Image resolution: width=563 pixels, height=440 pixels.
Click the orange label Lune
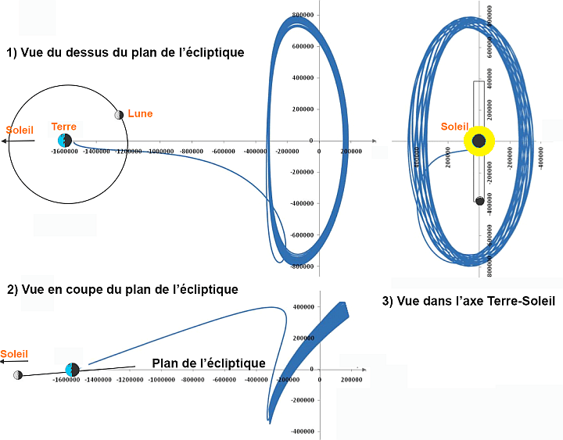140,113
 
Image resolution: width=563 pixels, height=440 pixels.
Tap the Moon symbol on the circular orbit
119,115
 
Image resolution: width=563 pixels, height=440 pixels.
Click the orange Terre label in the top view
63,127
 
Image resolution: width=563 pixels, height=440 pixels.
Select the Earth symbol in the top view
65,140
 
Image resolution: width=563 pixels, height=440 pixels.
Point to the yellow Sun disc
479,141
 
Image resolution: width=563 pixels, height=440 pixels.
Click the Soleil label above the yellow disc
454,126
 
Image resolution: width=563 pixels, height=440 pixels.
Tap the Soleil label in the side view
14,354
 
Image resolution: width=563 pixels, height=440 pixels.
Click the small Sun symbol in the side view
17,375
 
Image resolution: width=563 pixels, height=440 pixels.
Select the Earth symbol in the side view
73,369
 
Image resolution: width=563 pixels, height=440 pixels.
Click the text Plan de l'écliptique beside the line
208,363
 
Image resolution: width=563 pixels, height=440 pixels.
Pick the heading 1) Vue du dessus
125,53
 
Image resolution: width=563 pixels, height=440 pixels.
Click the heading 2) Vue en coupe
122,289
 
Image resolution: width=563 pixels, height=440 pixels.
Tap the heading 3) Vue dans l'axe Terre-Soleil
469,301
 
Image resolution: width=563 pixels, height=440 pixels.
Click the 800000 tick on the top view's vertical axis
302,16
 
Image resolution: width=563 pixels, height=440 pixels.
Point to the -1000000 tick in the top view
161,151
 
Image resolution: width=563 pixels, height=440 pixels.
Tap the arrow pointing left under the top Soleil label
17,141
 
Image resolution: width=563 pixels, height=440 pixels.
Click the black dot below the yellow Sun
480,201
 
